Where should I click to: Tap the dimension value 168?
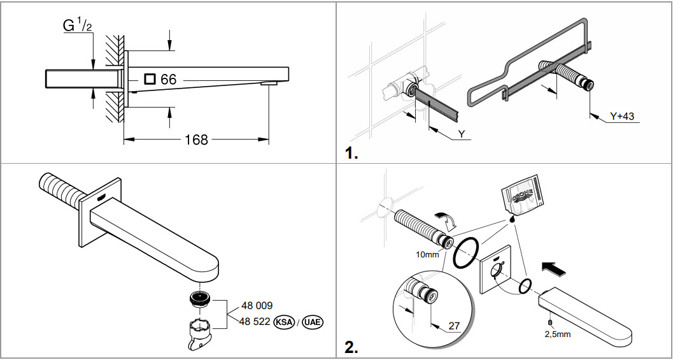point(196,139)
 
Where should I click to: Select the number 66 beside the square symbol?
point(168,80)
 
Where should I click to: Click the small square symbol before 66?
point(150,79)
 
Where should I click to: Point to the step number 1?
point(351,154)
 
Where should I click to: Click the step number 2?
point(351,347)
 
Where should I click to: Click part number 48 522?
point(255,322)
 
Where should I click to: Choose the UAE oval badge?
point(311,322)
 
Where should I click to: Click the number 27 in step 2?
point(454,326)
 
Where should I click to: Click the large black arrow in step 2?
point(552,268)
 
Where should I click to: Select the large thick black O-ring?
point(465,252)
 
